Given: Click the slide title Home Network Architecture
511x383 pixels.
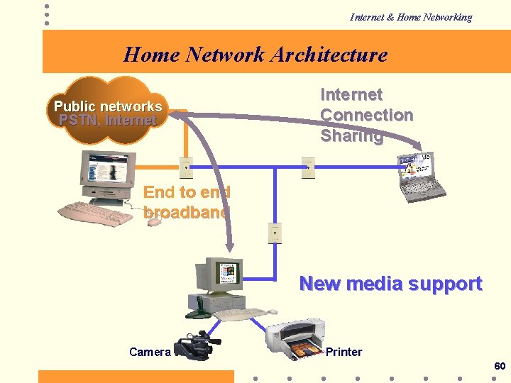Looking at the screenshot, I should (255, 55).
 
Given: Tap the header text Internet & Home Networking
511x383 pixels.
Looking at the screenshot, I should (410, 17).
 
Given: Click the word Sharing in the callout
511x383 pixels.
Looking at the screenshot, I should (351, 135).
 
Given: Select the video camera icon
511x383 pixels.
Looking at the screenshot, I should (197, 347).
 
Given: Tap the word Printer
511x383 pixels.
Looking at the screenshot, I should (344, 352).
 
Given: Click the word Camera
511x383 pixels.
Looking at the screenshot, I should (150, 352).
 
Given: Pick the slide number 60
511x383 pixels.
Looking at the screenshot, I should (500, 366).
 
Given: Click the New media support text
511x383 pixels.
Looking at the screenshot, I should (390, 284).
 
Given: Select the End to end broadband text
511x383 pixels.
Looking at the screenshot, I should (187, 201).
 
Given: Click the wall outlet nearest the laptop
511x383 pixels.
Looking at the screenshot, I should (307, 167).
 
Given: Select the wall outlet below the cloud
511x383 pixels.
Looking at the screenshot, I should (185, 167).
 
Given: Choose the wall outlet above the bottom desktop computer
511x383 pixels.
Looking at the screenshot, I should (275, 233).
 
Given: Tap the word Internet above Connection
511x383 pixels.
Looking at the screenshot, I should (351, 94).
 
